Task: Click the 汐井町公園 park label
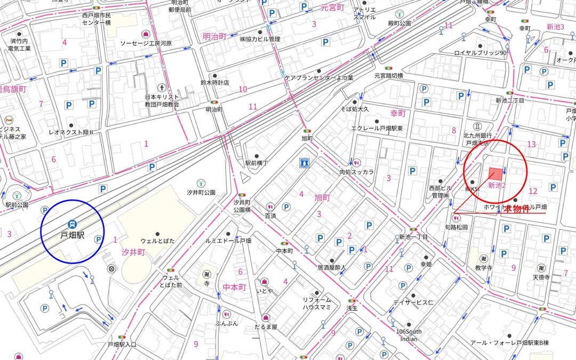coord(201,192)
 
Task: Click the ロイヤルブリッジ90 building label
coord(480,53)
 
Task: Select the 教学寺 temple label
coord(484,267)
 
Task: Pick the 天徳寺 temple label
coord(545,277)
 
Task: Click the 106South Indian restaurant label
coord(409,335)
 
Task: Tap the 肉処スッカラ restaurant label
coord(357,172)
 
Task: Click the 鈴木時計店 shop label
coord(214,83)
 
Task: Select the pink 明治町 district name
coord(215,36)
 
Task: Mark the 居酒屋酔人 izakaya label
coord(332,267)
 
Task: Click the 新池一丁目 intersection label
coord(413,236)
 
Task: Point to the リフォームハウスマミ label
coord(317,304)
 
